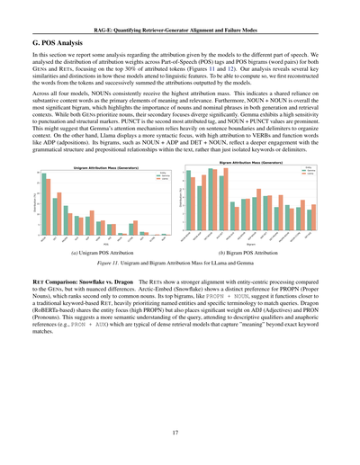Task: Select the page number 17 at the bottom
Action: [180, 432]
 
